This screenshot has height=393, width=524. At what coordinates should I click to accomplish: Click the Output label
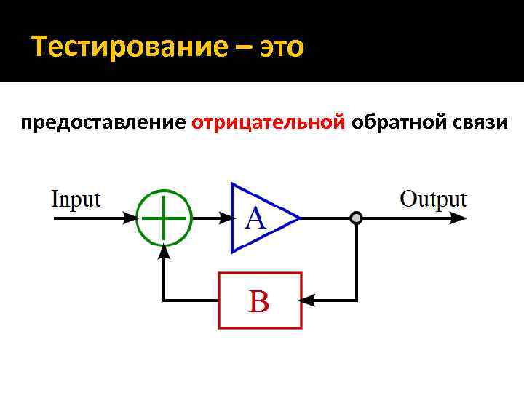[433, 199]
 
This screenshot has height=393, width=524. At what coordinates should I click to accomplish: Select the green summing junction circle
[164, 217]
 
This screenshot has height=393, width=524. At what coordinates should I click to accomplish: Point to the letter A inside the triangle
[255, 217]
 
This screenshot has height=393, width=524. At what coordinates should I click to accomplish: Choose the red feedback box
[260, 300]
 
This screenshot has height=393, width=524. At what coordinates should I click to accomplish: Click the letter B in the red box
[258, 301]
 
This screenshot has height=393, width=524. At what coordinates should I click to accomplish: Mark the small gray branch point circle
[356, 217]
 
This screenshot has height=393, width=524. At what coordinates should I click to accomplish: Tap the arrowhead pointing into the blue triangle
[225, 217]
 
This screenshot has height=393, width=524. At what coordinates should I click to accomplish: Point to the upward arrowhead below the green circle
[164, 250]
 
